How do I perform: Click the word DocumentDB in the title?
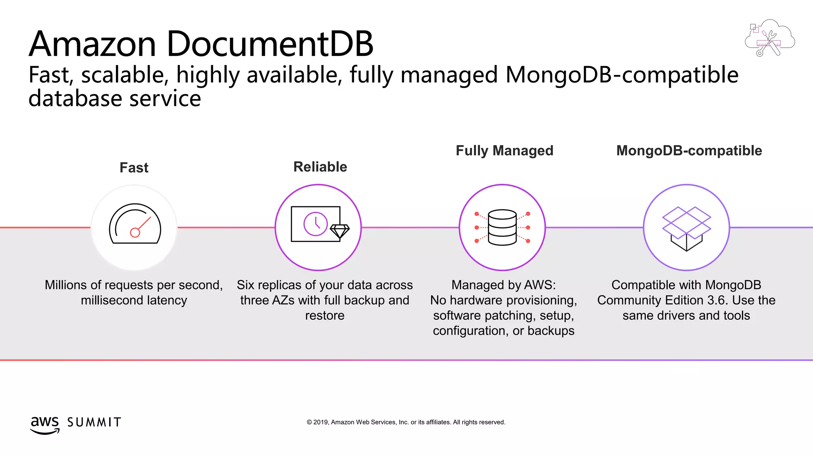pyautogui.click(x=270, y=44)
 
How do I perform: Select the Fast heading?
pyautogui.click(x=134, y=167)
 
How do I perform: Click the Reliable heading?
pyautogui.click(x=320, y=167)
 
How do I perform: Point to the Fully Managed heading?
pyautogui.click(x=504, y=151)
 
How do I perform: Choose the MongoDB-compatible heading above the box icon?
pyautogui.click(x=689, y=151)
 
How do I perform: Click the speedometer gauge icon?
pyautogui.click(x=135, y=225)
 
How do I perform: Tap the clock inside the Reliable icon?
pyautogui.click(x=316, y=224)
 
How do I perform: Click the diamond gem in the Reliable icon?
pyautogui.click(x=340, y=231)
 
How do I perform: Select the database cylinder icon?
pyautogui.click(x=502, y=227)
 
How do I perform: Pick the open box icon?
pyautogui.click(x=686, y=228)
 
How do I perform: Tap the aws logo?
pyautogui.click(x=44, y=424)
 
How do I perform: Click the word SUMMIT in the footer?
pyautogui.click(x=94, y=422)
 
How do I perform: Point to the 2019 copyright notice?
pyautogui.click(x=406, y=422)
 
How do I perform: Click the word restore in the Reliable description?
pyautogui.click(x=325, y=315)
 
